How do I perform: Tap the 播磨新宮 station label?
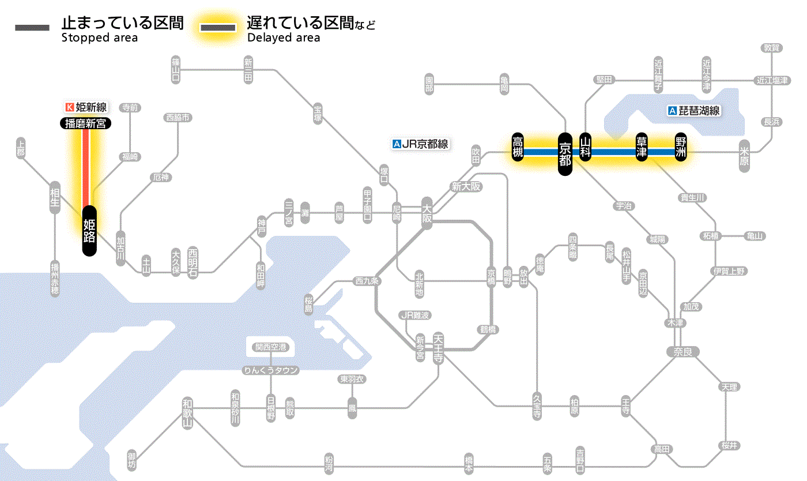(x=86, y=123)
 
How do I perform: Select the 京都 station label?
(x=565, y=153)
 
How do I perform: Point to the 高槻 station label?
(x=518, y=148)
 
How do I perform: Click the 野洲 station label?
(x=681, y=148)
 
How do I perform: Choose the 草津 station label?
(x=641, y=148)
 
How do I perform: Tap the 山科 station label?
(x=586, y=148)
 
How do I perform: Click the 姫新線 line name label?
(x=86, y=107)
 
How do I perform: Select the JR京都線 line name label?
(x=420, y=144)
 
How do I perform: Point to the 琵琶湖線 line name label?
(x=694, y=111)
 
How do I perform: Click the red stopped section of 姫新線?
(x=86, y=167)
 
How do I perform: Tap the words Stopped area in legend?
(x=100, y=38)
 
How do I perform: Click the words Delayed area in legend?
(x=283, y=38)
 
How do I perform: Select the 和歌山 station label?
(x=187, y=414)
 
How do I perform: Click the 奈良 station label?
(x=682, y=351)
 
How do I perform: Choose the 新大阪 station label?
(x=466, y=186)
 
